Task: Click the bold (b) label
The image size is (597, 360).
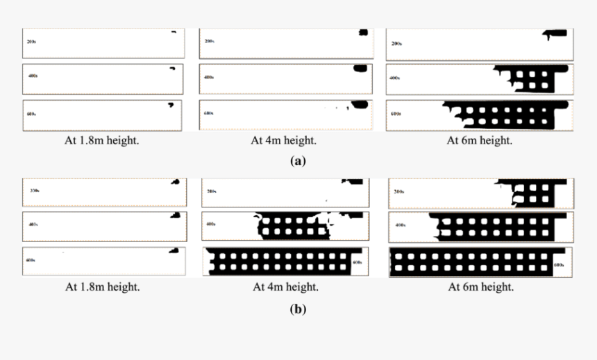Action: pyautogui.click(x=298, y=309)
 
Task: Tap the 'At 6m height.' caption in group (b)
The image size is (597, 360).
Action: pyautogui.click(x=480, y=286)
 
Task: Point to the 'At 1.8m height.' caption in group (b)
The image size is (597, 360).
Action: pyautogui.click(x=103, y=286)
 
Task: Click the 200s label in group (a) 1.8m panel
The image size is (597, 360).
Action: pyautogui.click(x=32, y=42)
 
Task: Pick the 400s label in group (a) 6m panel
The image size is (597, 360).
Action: pyautogui.click(x=395, y=78)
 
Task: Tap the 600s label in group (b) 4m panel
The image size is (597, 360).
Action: pyautogui.click(x=358, y=263)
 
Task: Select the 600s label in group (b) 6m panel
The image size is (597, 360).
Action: pyautogui.click(x=560, y=265)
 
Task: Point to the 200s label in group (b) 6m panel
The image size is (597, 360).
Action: pyautogui.click(x=398, y=191)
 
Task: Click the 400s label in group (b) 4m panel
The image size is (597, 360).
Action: pyautogui.click(x=210, y=224)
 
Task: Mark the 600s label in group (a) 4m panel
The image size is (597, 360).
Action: pyautogui.click(x=208, y=113)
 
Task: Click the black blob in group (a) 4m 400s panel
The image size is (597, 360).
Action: pyautogui.click(x=360, y=68)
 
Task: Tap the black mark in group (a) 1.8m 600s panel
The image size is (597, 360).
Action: pyautogui.click(x=169, y=105)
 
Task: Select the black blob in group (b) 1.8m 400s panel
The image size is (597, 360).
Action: pyautogui.click(x=175, y=216)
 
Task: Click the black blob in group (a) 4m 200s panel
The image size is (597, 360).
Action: pyautogui.click(x=362, y=33)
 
